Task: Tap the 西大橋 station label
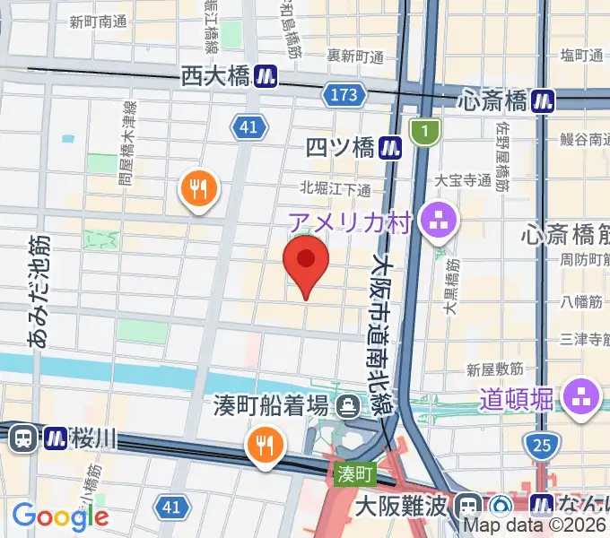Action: pyautogui.click(x=214, y=77)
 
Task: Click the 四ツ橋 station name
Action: pyautogui.click(x=339, y=147)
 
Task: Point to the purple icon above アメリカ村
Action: pyautogui.click(x=439, y=219)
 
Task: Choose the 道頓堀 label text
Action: pyautogui.click(x=517, y=397)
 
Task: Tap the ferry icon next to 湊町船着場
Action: pyautogui.click(x=346, y=408)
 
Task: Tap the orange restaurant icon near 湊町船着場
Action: pyautogui.click(x=264, y=444)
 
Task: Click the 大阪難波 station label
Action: pyautogui.click(x=399, y=507)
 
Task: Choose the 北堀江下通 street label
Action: pyautogui.click(x=336, y=188)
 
